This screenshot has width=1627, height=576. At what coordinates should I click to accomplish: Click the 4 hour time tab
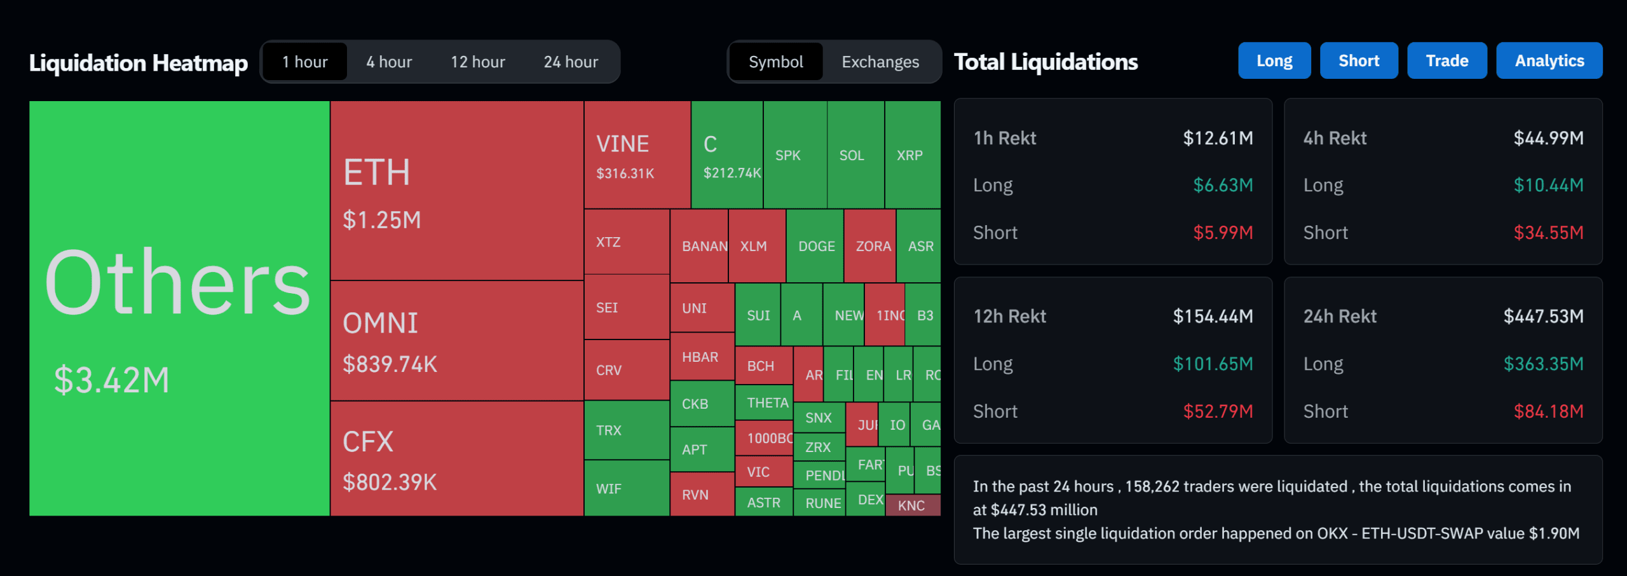coord(389,62)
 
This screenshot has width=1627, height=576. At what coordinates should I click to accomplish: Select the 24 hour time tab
coord(570,62)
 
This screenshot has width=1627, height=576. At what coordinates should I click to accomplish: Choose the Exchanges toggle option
coord(880,62)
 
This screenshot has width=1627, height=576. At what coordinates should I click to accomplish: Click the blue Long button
coord(1274,61)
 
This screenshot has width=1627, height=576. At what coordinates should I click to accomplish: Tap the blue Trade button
coord(1447,61)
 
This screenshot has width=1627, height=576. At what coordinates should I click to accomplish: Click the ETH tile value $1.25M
coord(381,220)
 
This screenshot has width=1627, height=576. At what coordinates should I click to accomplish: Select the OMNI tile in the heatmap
coord(456,341)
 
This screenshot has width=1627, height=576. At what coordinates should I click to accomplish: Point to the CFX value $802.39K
coord(389,482)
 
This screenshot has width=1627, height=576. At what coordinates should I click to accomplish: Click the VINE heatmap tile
coord(637,154)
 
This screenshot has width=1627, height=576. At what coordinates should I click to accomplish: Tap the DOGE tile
coord(815,246)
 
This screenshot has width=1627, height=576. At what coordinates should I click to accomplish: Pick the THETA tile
coord(766,402)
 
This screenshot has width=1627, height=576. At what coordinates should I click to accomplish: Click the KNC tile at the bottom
coord(911,505)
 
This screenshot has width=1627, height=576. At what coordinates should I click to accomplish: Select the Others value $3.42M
coord(112,380)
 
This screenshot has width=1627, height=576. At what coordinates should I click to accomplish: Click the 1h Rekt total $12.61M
coord(1218,138)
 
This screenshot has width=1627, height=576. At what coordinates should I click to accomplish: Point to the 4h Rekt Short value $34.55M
coord(1548,233)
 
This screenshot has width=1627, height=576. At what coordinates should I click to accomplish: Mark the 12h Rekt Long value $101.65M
coord(1213,364)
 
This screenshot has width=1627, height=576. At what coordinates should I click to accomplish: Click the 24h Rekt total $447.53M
coord(1543,316)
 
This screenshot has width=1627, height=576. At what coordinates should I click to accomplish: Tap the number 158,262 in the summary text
coord(1150,486)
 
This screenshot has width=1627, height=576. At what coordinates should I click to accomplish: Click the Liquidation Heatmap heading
coord(139,63)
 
